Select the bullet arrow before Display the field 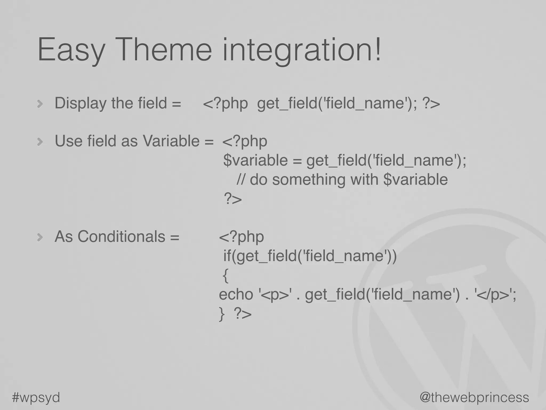pyautogui.click(x=40, y=104)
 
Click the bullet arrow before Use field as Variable pyautogui.click(x=40, y=141)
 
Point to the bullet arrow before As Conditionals pyautogui.click(x=40, y=237)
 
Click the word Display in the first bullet pyautogui.click(x=81, y=104)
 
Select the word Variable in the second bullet pyautogui.click(x=171, y=141)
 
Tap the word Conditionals pyautogui.click(x=121, y=236)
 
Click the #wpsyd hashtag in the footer pyautogui.click(x=36, y=397)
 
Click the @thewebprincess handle pyautogui.click(x=474, y=397)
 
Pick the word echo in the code pyautogui.click(x=236, y=295)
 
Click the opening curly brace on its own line pyautogui.click(x=226, y=276)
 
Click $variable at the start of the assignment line pyautogui.click(x=255, y=160)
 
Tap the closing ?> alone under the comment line pyautogui.click(x=233, y=199)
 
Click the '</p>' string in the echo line pyautogui.click(x=493, y=295)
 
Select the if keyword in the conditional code pyautogui.click(x=227, y=256)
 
